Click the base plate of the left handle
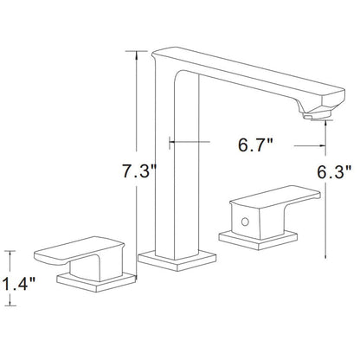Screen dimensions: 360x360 (95, 278)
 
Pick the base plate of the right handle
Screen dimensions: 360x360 (260, 237)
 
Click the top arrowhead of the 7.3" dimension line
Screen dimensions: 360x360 (135, 55)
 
